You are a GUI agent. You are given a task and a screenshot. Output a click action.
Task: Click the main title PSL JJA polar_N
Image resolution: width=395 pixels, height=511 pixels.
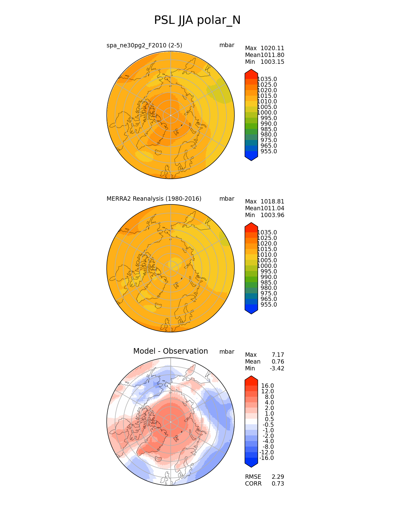click(x=197, y=20)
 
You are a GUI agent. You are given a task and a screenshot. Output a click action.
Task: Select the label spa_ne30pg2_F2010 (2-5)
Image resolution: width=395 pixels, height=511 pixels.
click(x=144, y=45)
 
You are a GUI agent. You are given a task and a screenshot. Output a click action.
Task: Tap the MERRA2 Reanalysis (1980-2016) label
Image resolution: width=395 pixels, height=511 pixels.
click(x=154, y=199)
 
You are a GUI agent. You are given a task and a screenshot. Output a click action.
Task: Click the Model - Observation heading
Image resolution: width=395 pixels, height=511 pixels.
click(x=171, y=351)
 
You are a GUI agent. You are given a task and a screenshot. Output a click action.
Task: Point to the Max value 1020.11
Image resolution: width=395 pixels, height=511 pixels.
click(x=272, y=48)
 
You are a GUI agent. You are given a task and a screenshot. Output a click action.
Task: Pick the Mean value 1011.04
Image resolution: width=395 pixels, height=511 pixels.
click(x=272, y=208)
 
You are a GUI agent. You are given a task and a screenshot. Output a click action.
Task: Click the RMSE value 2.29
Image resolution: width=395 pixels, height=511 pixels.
click(x=278, y=477)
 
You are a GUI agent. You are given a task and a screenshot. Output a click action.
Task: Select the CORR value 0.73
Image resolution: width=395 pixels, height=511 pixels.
click(x=278, y=483)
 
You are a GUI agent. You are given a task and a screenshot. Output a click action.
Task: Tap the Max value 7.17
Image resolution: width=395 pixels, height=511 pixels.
click(x=278, y=355)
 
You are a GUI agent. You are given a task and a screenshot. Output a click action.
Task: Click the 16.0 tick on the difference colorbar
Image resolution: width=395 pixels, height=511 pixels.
click(x=267, y=386)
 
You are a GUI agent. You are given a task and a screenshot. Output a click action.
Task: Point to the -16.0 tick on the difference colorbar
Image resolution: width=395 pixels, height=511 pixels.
click(x=266, y=458)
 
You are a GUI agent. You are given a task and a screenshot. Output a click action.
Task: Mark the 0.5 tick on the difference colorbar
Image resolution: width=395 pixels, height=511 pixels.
click(x=269, y=419)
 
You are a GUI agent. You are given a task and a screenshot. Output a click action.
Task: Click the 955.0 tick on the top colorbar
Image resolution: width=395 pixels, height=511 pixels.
click(x=269, y=151)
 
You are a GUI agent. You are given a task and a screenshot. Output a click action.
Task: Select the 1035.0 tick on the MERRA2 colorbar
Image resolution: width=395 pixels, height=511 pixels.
click(x=267, y=232)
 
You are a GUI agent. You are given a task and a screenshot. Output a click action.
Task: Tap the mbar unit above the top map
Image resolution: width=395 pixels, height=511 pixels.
click(x=227, y=45)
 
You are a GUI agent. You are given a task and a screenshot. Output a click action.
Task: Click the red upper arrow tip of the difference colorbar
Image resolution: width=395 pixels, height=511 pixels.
click(x=251, y=376)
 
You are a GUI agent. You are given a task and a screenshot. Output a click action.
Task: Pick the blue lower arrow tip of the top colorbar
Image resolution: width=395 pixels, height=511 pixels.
click(x=251, y=161)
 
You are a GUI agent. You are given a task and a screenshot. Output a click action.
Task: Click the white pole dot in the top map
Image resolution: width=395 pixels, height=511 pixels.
click(x=171, y=115)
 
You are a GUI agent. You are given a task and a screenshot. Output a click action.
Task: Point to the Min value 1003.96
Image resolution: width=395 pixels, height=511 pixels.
click(x=272, y=215)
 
